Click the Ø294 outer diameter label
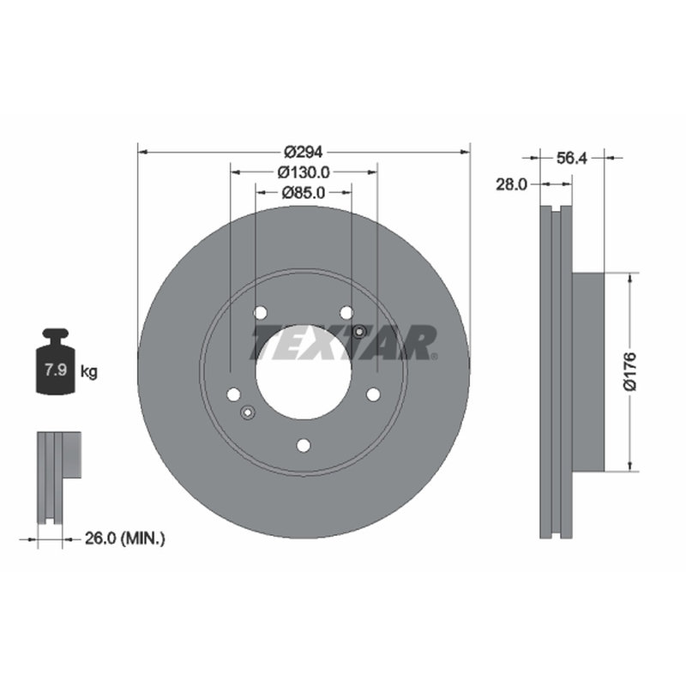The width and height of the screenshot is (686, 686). pos(304,152)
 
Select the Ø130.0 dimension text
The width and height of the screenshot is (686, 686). pos(304,172)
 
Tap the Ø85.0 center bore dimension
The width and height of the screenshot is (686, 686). pos(304,192)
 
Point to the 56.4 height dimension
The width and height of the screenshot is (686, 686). pos(572,158)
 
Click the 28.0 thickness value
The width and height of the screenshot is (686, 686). pos(511,184)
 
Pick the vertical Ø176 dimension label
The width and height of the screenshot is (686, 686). pos(630,371)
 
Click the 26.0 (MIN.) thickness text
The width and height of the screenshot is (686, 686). pos(125,539)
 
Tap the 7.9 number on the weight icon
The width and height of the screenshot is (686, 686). pos(56,370)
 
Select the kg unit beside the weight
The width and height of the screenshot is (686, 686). pos(89,372)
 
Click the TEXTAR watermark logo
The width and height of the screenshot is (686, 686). pos(344,342)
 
